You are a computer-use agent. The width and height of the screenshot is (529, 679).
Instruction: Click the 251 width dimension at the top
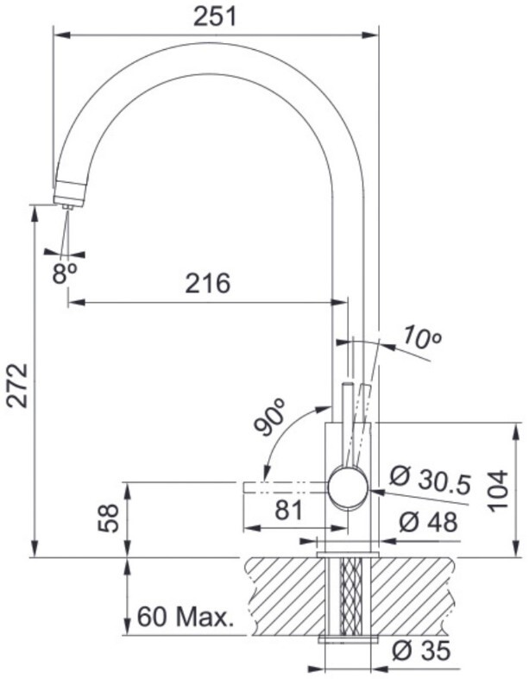click(x=215, y=17)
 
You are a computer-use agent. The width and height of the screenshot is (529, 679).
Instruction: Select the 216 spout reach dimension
click(x=208, y=283)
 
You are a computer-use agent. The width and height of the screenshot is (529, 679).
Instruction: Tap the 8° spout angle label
click(x=65, y=273)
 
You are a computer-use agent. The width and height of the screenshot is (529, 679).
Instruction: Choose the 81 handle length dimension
click(x=289, y=511)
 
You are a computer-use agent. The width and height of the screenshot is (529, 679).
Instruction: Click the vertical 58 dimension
click(x=108, y=518)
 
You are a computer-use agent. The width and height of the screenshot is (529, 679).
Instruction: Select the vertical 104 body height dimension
click(x=497, y=491)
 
